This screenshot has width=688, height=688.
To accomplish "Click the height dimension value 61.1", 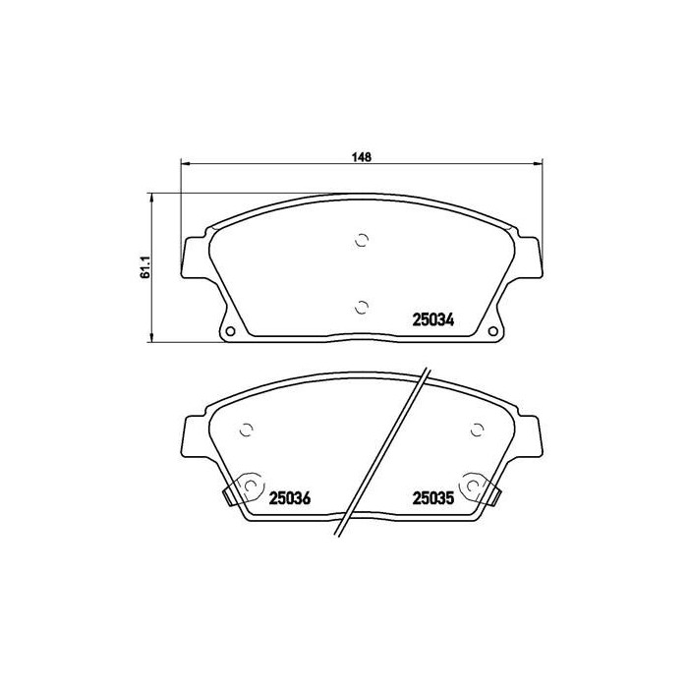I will tap(143, 267).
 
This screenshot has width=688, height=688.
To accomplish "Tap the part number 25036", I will tap(289, 498).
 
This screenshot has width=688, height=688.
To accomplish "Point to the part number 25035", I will tap(431, 498).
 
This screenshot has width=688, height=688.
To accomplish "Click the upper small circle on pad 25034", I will tap(362, 239).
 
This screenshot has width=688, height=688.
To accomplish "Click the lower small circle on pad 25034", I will tap(362, 306).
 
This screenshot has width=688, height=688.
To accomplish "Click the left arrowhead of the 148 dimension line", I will tap(184, 163).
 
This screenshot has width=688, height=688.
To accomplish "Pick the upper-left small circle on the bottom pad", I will tap(247, 429).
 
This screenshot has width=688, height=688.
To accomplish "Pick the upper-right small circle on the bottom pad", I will tap(477, 429).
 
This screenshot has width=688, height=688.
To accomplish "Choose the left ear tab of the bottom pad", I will tap(195, 437).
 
